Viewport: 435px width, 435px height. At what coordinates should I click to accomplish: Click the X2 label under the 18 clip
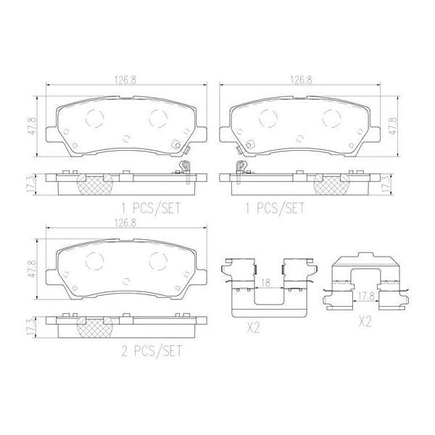coord(253,328)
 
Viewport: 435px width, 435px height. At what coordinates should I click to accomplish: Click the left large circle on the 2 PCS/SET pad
coord(95,257)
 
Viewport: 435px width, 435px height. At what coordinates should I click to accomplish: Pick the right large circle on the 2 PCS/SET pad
coord(157,257)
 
